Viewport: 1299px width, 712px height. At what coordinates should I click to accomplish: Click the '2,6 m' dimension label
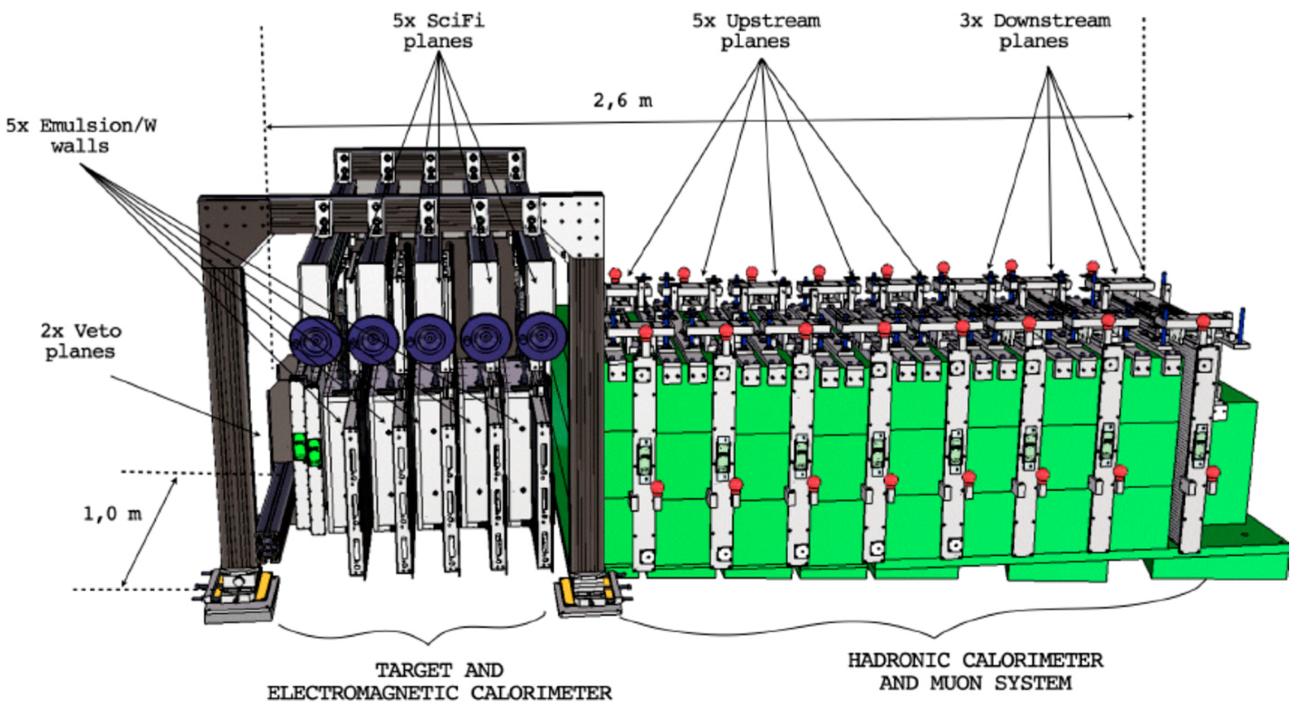click(x=623, y=101)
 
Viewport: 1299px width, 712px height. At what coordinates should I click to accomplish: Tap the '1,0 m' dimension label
click(x=112, y=514)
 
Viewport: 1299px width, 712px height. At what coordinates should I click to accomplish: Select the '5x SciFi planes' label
click(x=438, y=31)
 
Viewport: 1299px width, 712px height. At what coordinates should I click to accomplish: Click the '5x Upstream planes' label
click(x=755, y=31)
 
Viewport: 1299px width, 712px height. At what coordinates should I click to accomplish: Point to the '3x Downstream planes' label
click(x=1034, y=31)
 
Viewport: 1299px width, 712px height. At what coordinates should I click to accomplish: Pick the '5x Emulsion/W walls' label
click(x=81, y=136)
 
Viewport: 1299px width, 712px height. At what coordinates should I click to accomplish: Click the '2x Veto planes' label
click(x=81, y=341)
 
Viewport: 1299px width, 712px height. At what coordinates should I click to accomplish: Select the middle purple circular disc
click(x=429, y=338)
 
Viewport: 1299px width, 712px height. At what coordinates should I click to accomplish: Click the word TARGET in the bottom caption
click(x=412, y=670)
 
